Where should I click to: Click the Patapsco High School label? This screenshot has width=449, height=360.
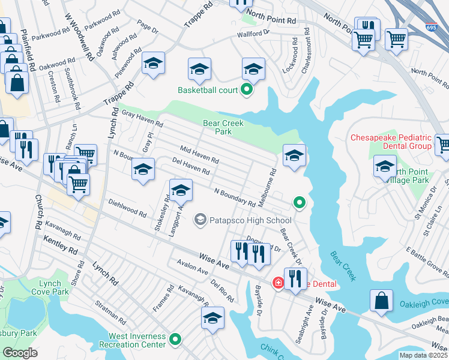click(x=241, y=220)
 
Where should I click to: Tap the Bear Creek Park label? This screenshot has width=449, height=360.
click(x=217, y=127)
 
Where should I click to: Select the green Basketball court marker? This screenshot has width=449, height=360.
click(x=246, y=91)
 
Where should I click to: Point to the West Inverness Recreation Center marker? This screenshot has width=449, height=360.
click(x=175, y=340)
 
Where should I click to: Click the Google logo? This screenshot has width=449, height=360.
click(x=20, y=352)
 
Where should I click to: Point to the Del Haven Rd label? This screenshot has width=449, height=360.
click(x=190, y=166)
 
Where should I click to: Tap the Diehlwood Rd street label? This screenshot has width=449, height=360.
click(x=127, y=208)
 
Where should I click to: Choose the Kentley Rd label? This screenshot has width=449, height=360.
click(x=61, y=244)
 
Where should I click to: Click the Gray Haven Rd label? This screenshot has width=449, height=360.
click(x=142, y=119)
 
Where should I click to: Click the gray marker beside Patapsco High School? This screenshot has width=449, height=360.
click(x=200, y=220)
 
